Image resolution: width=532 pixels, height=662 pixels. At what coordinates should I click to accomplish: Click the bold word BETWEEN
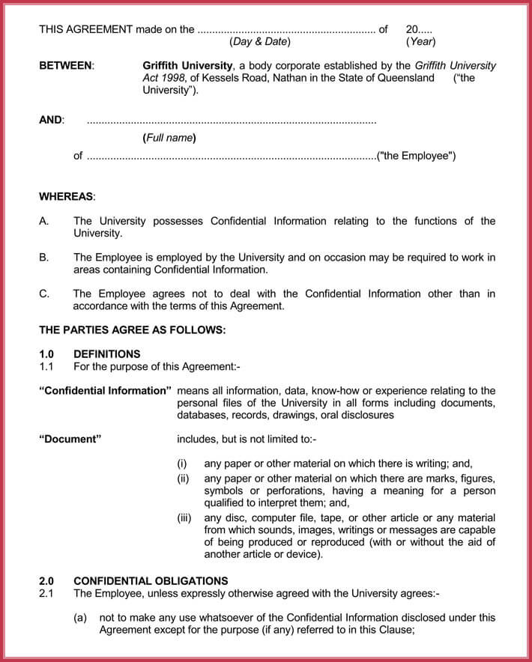tap(66, 66)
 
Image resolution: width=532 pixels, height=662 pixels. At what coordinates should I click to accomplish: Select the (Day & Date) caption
tap(260, 42)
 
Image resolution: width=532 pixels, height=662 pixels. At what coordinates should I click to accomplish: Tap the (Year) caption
tap(420, 42)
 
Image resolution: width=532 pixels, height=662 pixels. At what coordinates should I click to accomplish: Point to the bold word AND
tap(51, 120)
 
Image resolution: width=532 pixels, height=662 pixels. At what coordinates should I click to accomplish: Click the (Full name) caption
tap(169, 138)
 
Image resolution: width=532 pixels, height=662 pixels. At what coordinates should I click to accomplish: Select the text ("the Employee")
tap(417, 156)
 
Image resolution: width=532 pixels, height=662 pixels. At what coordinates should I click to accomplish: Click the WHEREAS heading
tap(67, 196)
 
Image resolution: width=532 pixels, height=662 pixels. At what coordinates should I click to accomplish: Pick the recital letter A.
tap(43, 221)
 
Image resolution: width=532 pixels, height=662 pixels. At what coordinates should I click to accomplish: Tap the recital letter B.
tap(43, 258)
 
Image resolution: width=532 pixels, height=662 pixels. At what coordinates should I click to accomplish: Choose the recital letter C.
tap(43, 294)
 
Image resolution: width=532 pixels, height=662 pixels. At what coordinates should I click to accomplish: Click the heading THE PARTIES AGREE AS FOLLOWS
tap(132, 330)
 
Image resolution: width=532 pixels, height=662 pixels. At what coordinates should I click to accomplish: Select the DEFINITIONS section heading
tap(106, 354)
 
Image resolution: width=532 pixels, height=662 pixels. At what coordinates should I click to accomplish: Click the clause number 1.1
tap(46, 366)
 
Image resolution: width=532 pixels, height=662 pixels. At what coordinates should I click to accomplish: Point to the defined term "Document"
tap(70, 439)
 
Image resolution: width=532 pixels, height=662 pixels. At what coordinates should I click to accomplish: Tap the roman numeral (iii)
tap(184, 518)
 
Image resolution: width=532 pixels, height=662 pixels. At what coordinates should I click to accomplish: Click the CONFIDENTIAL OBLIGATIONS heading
tap(151, 581)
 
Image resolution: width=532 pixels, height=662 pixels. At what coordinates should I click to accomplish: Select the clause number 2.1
tap(46, 593)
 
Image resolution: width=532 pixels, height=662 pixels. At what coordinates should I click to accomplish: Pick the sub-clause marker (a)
tap(80, 618)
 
